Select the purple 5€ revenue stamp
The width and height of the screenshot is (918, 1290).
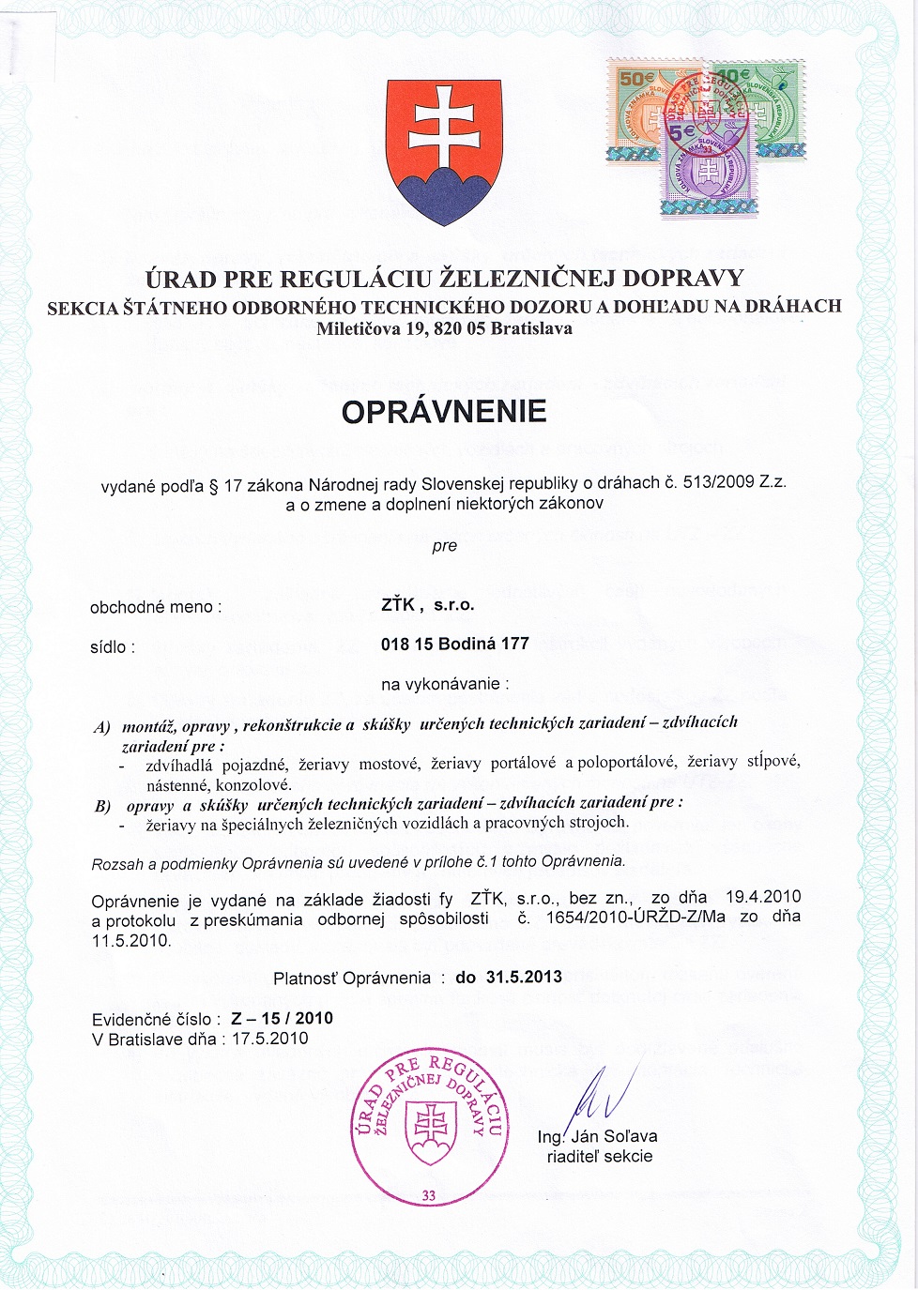point(709,169)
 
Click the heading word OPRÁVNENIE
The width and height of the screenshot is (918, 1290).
point(444,412)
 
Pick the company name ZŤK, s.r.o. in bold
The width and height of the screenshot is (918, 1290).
point(428,605)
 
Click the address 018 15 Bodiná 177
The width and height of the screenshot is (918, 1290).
point(455,645)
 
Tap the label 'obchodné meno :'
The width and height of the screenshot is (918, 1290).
point(156,607)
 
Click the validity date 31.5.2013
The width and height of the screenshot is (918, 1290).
point(524,977)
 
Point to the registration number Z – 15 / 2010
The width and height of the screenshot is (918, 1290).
point(282,1019)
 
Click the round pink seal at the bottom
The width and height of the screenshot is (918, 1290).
point(430,1126)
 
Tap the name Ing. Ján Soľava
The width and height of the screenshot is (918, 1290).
point(598,1136)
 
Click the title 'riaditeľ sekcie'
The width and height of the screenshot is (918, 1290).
point(600,1157)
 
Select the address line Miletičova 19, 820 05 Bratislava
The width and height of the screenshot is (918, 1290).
point(444,329)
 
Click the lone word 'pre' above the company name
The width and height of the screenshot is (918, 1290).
point(445,546)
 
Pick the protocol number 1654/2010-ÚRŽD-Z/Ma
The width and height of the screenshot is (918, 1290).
point(635,917)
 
